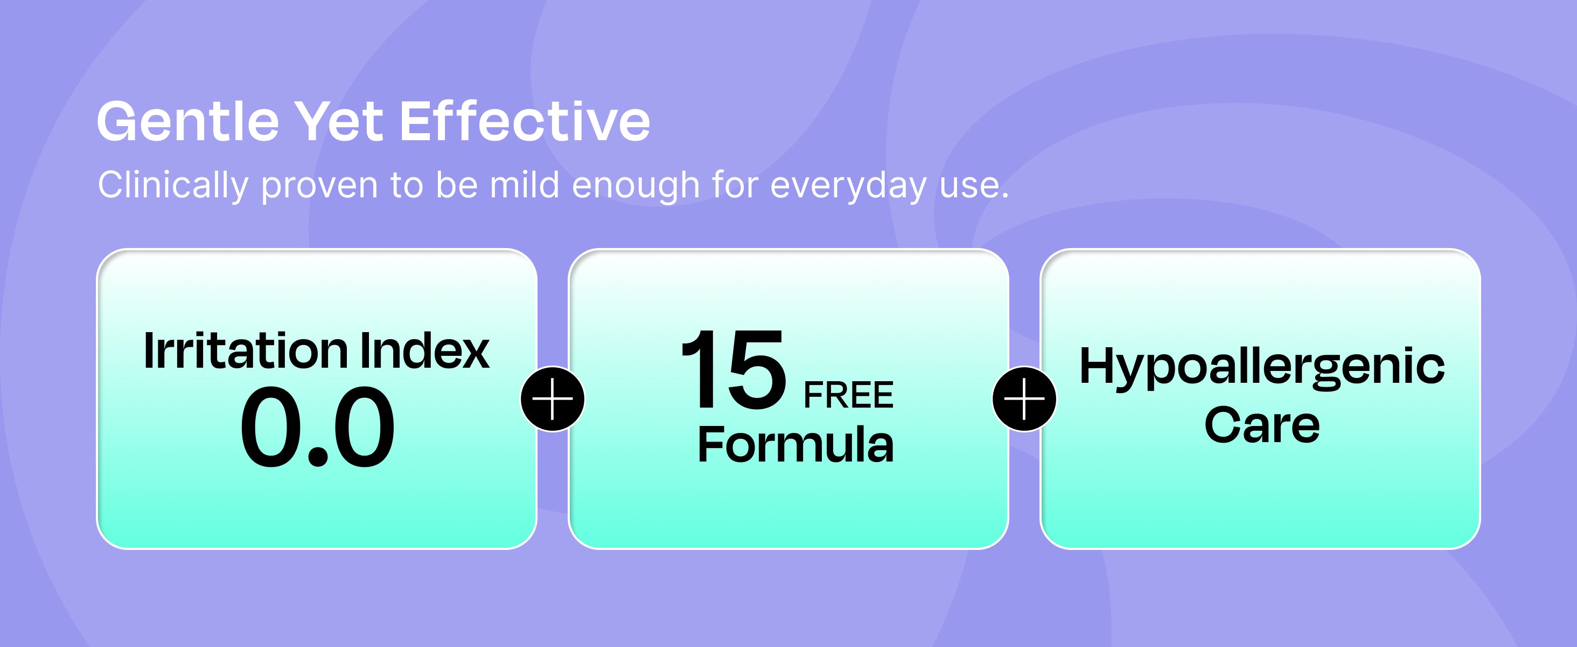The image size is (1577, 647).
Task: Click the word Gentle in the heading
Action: pyautogui.click(x=189, y=121)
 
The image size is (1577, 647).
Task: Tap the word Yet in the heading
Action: pyautogui.click(x=339, y=121)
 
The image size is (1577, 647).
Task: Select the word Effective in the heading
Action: pyautogui.click(x=525, y=121)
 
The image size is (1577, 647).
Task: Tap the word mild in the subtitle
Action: pyautogui.click(x=525, y=184)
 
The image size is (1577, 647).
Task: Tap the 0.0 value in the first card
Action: pyautogui.click(x=317, y=426)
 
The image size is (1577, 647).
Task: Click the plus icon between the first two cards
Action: pyautogui.click(x=553, y=399)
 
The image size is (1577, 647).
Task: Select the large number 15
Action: pyautogui.click(x=734, y=369)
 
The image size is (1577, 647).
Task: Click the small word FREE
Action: pyautogui.click(x=848, y=395)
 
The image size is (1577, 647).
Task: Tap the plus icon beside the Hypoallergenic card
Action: pyautogui.click(x=1024, y=399)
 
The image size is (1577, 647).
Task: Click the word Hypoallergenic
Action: pyautogui.click(x=1262, y=368)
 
